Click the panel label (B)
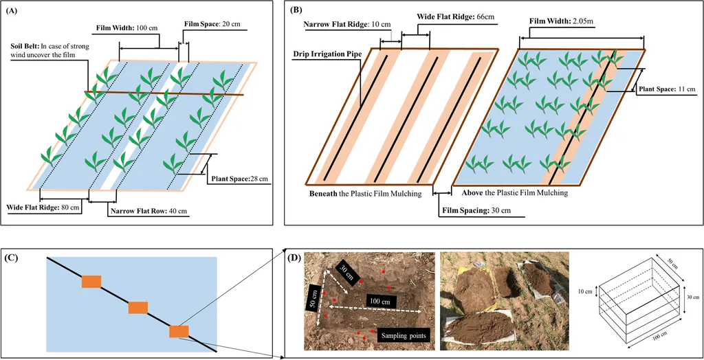(296, 11)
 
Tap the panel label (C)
(12, 258)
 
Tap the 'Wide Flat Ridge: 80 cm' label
(43, 205)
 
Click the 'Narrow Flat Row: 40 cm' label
(150, 211)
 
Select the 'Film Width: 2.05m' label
(561, 21)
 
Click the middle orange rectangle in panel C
(139, 307)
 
